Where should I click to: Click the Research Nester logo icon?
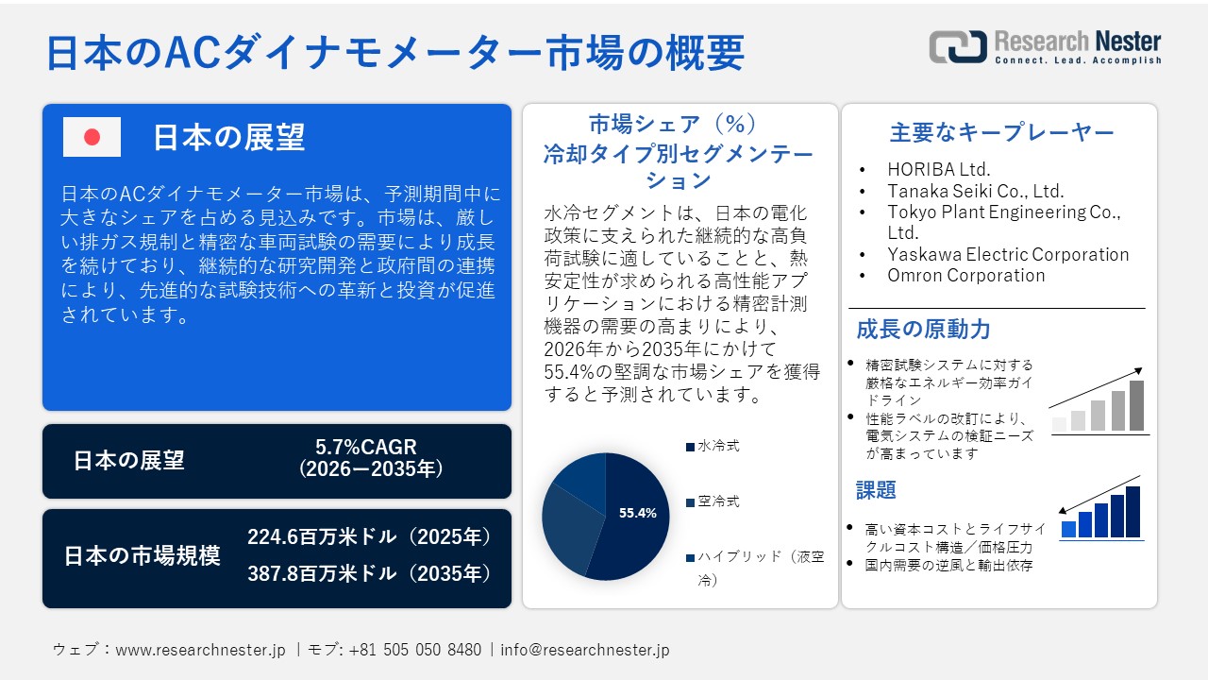[958, 47]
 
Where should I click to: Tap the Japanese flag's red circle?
[92, 138]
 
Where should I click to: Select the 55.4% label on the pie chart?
[637, 513]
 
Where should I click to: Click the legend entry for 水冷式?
[717, 446]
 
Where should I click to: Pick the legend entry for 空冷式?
[717, 501]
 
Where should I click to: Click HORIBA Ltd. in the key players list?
[938, 170]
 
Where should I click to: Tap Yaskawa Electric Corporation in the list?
[1007, 254]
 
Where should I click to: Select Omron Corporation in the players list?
[965, 276]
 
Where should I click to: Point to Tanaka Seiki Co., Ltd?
[975, 191]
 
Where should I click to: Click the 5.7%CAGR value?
[366, 447]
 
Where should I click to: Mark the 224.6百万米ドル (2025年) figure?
[370, 537]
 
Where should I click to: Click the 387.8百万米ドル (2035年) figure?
[370, 573]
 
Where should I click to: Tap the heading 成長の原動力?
[923, 330]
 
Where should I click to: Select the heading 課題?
[876, 490]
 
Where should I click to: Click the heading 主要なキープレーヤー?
[1001, 133]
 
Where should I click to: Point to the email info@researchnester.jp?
[585, 650]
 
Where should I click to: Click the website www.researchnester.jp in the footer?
[200, 650]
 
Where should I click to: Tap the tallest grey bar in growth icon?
[1136, 406]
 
